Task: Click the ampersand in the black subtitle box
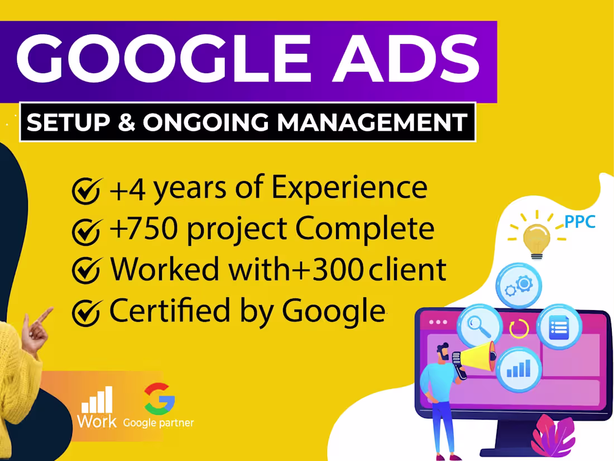click(x=127, y=122)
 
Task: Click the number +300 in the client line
click(x=332, y=270)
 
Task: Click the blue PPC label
click(x=579, y=222)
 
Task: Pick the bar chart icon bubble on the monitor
click(x=519, y=368)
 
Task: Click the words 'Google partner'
click(x=159, y=423)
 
